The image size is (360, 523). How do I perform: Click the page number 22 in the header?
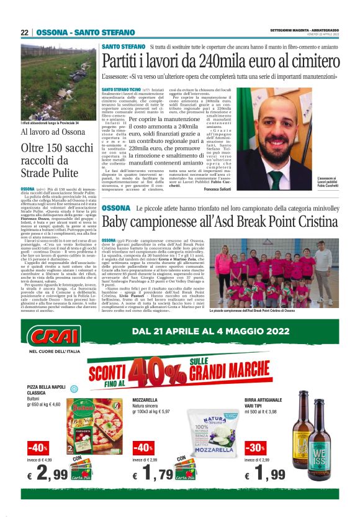(24, 32)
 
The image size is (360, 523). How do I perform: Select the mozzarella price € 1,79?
(152, 476)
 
